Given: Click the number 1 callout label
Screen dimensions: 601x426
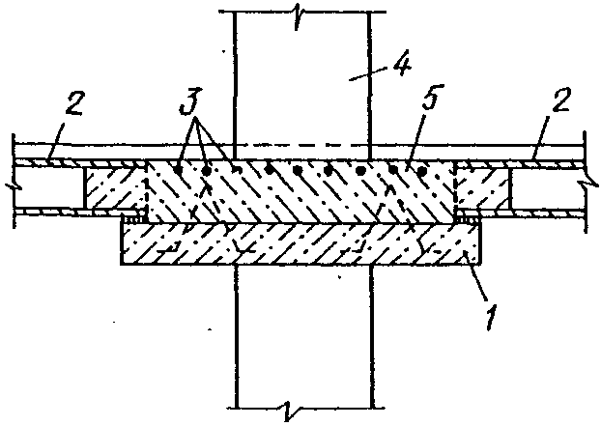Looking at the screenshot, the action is (492, 314).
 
